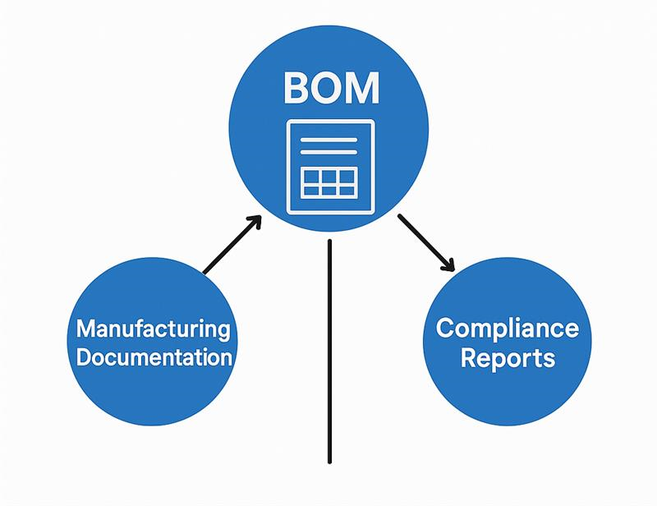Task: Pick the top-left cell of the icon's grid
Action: [x=311, y=176]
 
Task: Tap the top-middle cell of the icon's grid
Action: [x=328, y=176]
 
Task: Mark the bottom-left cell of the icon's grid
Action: [x=311, y=191]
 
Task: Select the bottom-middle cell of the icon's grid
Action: [x=328, y=191]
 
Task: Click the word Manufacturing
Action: [x=153, y=329]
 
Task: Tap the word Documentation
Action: [x=153, y=358]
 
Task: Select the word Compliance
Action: [x=507, y=329]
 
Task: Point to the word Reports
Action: [x=507, y=358]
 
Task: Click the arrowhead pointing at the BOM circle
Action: [x=255, y=221]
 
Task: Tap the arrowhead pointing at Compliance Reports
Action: [x=448, y=264]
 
